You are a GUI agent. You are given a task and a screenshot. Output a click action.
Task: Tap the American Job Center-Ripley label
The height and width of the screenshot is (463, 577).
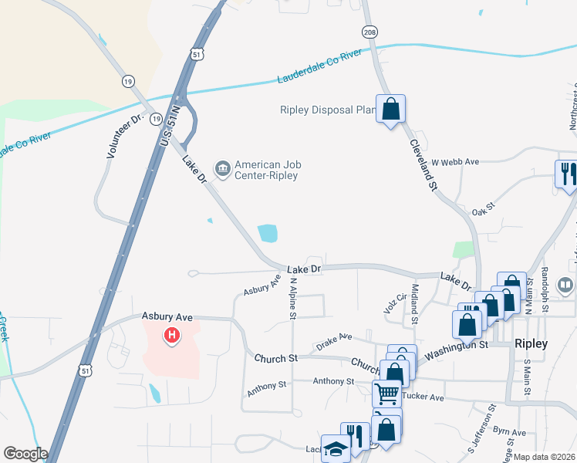point(267,170)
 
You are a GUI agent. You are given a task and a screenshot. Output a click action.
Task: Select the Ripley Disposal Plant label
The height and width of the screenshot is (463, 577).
point(328,110)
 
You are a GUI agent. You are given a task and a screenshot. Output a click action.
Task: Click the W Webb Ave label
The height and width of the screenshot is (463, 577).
point(455,162)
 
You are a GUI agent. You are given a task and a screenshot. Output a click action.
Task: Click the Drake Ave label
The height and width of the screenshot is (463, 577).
point(334,337)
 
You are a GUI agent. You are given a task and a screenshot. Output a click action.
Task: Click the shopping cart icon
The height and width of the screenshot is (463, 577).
point(386,394)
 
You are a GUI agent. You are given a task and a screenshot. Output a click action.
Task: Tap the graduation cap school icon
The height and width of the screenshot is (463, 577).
point(336,450)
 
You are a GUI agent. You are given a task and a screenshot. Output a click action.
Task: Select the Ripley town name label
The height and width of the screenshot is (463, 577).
point(531,343)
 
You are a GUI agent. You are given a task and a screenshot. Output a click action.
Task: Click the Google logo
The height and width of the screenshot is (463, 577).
point(25,454)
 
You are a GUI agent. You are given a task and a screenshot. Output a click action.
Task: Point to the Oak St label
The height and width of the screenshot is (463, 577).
point(482,211)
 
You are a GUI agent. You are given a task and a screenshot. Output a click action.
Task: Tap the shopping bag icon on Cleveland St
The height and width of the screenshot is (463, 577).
point(390,110)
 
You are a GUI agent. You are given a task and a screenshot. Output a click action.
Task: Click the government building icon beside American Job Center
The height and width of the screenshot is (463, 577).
point(222,169)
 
